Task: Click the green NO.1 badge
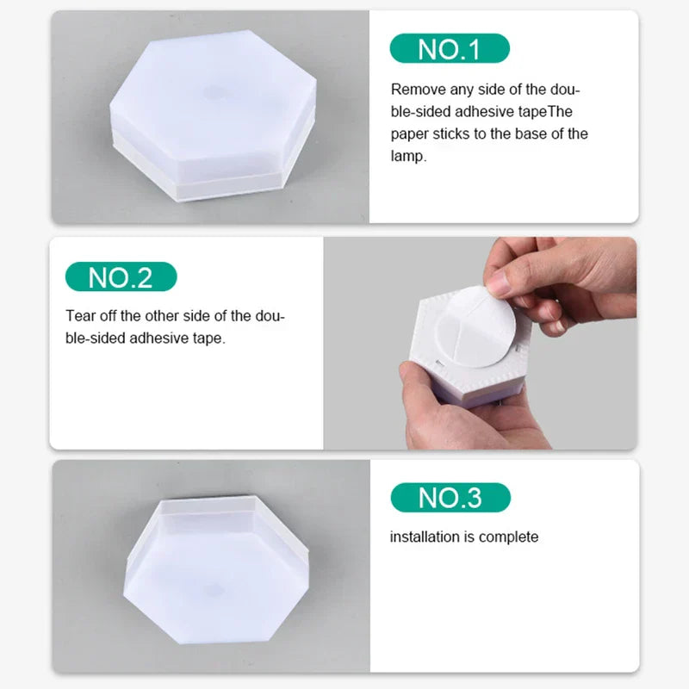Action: [448, 48]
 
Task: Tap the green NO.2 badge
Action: [121, 276]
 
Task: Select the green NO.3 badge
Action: [450, 497]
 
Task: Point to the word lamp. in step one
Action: [408, 157]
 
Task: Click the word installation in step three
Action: [425, 537]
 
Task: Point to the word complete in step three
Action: [508, 537]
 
